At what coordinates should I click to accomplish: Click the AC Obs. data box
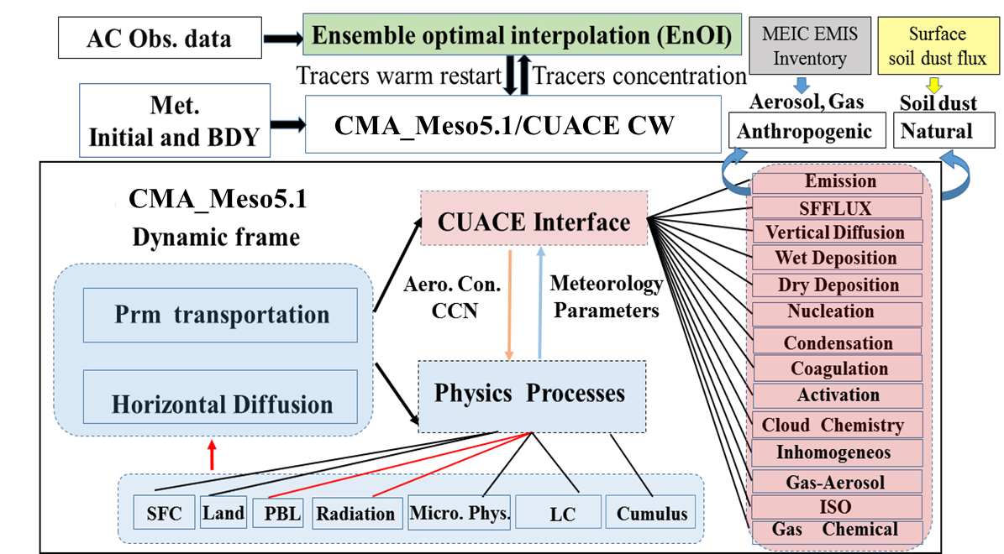(x=159, y=38)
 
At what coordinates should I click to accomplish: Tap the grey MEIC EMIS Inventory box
(x=809, y=46)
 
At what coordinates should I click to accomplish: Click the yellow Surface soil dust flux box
(x=937, y=46)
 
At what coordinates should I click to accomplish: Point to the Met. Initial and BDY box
(x=175, y=120)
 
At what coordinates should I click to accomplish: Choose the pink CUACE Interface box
(x=534, y=222)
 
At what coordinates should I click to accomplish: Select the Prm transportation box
(x=221, y=315)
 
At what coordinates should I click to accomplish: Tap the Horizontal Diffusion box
(x=221, y=404)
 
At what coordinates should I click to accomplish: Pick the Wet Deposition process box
(x=836, y=258)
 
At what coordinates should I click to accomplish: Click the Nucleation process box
(x=836, y=311)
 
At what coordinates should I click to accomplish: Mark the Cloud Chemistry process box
(x=836, y=425)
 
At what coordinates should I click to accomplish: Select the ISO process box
(x=836, y=507)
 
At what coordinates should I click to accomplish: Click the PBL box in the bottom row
(x=277, y=513)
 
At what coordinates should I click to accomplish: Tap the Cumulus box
(x=652, y=513)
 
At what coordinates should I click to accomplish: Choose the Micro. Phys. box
(x=460, y=513)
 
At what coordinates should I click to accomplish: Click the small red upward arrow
(x=212, y=455)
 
